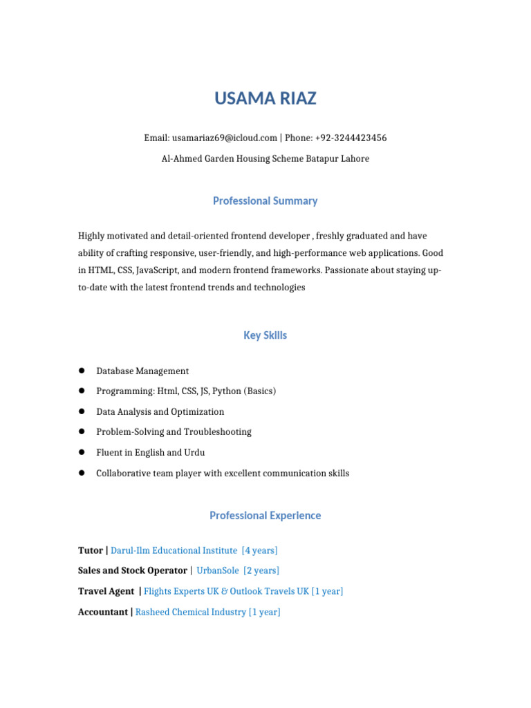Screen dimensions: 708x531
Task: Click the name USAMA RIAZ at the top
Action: tap(265, 99)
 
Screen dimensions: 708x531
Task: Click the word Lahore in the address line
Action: tap(354, 159)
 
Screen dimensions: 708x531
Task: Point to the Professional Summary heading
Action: tap(265, 201)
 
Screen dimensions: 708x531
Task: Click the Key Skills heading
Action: tap(265, 336)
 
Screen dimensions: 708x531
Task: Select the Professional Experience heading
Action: tap(265, 516)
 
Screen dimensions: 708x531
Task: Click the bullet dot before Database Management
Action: tap(82, 371)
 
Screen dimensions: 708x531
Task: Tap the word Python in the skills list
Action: tap(227, 391)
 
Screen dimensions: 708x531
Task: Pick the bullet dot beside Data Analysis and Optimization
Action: tap(82, 411)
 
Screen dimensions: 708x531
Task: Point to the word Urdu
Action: tap(194, 453)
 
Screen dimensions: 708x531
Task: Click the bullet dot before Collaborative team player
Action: tap(82, 473)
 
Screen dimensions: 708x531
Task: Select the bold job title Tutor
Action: tap(90, 551)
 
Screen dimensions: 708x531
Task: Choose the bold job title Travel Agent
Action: tap(106, 592)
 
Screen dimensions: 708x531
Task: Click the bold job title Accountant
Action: tap(103, 613)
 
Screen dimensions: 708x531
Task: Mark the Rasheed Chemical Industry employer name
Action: tap(191, 613)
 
